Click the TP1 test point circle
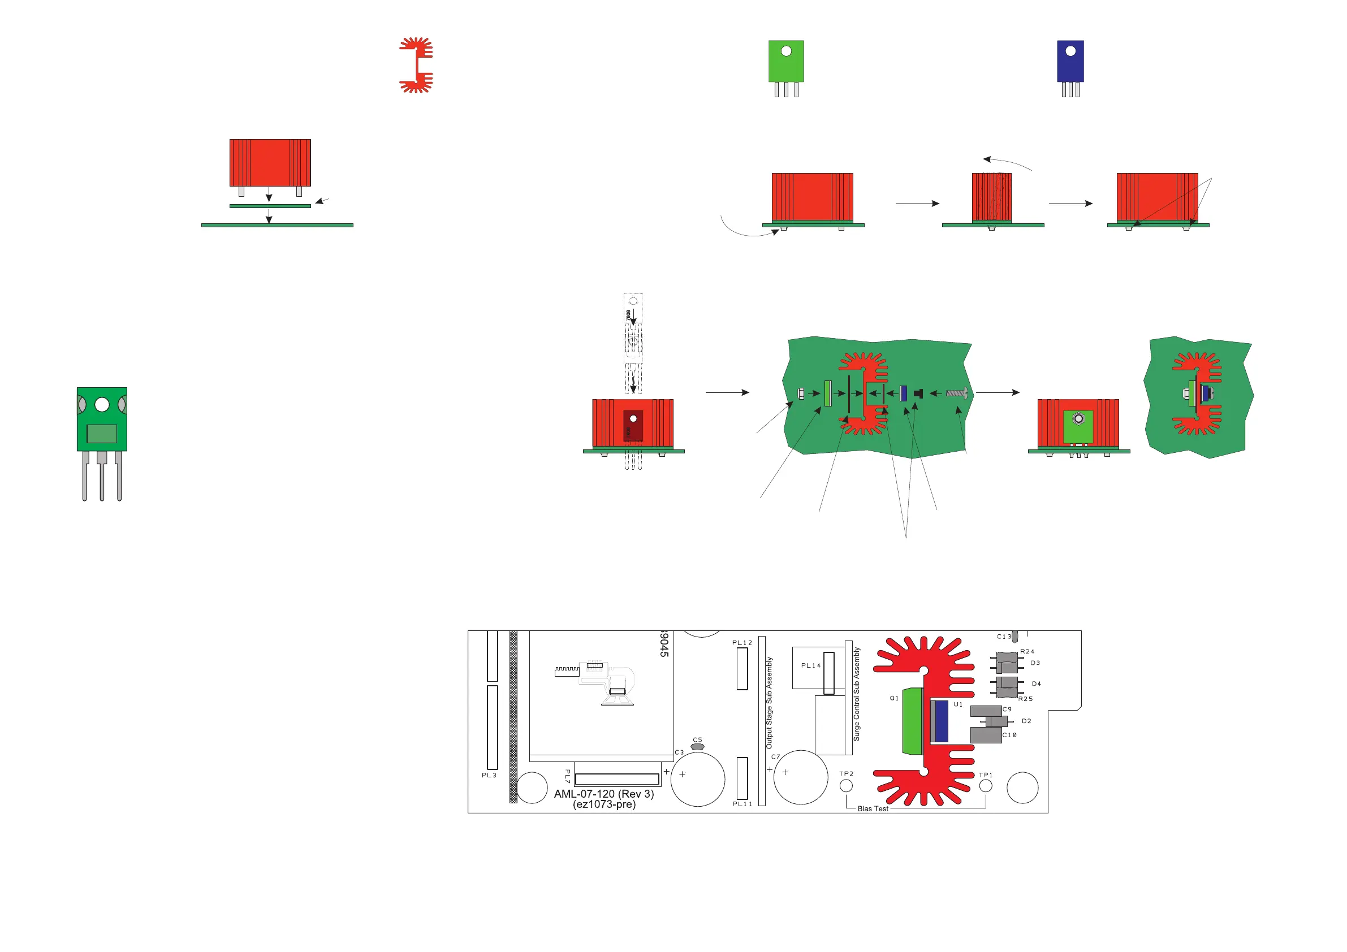(x=986, y=785)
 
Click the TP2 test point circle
(x=846, y=785)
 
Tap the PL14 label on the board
(x=811, y=665)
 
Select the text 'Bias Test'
(x=873, y=809)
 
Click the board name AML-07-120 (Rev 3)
(x=604, y=794)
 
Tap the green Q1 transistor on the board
(x=912, y=721)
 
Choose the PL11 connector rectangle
(x=742, y=778)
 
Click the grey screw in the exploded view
(x=956, y=393)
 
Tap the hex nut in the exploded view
(x=801, y=393)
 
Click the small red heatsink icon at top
(x=417, y=65)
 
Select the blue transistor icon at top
(x=1070, y=61)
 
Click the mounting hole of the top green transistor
(x=786, y=51)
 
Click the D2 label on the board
(x=1026, y=721)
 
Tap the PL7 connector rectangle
(x=616, y=779)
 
